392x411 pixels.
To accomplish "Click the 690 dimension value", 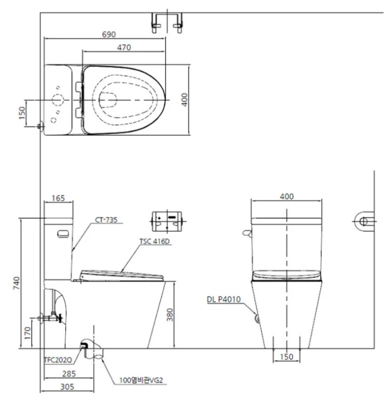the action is [109, 34].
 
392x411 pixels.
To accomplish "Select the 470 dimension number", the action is [124, 47].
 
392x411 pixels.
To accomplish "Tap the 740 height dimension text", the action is [16, 283].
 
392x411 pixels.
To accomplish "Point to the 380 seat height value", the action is [170, 315].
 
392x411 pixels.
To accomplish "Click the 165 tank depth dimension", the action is [58, 198].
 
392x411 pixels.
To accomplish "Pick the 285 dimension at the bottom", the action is [69, 373].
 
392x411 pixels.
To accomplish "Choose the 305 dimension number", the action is [67, 387].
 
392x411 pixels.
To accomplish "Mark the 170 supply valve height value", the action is [28, 333].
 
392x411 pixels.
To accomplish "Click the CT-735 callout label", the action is [106, 220].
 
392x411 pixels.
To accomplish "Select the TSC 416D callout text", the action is [154, 241].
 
